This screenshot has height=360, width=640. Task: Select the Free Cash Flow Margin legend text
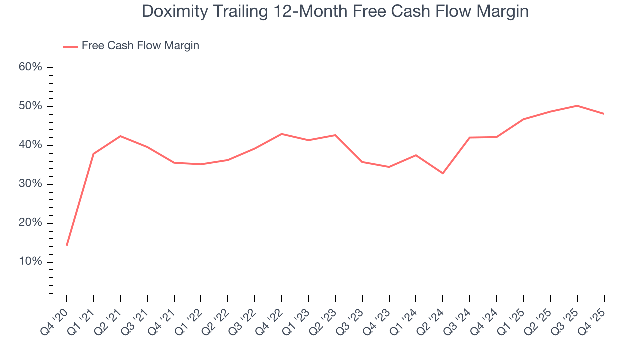click(140, 46)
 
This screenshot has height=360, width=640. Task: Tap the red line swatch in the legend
click(70, 46)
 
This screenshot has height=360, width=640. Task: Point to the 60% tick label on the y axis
click(30, 67)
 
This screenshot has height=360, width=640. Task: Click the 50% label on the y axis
click(30, 106)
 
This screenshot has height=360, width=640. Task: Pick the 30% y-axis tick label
click(30, 184)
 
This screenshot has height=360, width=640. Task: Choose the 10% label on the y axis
click(30, 262)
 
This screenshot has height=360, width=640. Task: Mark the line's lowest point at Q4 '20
click(67, 245)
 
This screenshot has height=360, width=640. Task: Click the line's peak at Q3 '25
click(577, 106)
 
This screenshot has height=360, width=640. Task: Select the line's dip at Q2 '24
click(443, 173)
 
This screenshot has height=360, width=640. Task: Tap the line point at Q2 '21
click(120, 136)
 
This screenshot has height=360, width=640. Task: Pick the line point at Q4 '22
click(282, 134)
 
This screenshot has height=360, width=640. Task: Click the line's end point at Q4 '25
click(604, 114)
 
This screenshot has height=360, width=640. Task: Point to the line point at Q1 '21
click(94, 154)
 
